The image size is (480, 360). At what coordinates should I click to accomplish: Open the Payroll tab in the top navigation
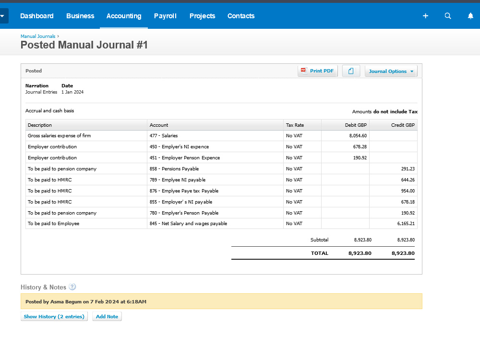point(165,16)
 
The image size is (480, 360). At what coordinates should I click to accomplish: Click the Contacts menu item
point(241,16)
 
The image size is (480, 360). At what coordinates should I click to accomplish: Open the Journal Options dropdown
point(391,71)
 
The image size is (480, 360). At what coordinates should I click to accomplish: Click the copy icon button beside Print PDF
point(351,71)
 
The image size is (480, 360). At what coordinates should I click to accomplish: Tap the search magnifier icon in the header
point(448,16)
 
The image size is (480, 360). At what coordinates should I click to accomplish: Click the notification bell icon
point(470,16)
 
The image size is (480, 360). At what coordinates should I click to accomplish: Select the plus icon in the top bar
point(425,16)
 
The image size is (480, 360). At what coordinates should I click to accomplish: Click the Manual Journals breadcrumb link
point(38,36)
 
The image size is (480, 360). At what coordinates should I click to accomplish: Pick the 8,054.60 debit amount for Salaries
point(358,136)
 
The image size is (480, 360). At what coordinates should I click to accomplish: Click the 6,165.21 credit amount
point(406,224)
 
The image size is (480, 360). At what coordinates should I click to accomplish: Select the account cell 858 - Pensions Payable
point(174,169)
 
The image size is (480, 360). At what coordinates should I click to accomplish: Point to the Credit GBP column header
point(403,125)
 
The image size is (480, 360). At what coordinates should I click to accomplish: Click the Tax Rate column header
point(295,125)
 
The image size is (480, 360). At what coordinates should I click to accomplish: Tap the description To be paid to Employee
point(54,224)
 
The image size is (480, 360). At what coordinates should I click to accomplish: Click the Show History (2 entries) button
point(54,317)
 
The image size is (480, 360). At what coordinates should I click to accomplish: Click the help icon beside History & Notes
point(72,287)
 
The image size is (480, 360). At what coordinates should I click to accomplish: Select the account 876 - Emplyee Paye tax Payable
point(184,191)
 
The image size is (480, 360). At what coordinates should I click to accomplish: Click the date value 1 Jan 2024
point(72,92)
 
